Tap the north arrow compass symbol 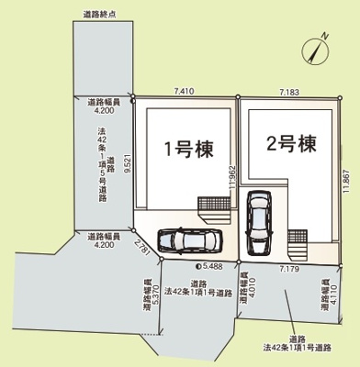[x=320, y=50]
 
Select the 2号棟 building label [x=290, y=144]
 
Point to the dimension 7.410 [x=184, y=92]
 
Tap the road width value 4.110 [x=329, y=291]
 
